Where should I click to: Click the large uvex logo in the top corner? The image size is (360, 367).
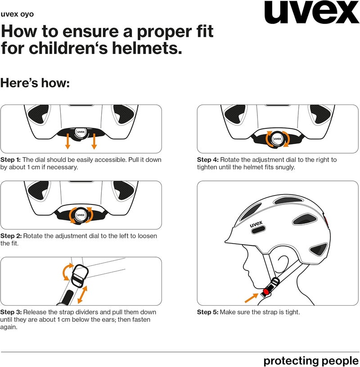click(x=312, y=12)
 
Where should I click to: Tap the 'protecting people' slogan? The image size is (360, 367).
click(x=311, y=361)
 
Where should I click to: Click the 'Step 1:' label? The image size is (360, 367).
click(x=10, y=159)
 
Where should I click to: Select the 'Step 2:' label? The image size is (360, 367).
click(x=11, y=236)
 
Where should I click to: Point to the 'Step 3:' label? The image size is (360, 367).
click(x=11, y=312)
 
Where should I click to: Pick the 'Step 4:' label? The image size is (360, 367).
click(x=208, y=159)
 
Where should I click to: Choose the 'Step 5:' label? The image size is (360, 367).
click(x=208, y=312)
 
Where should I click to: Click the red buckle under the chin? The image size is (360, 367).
click(x=266, y=291)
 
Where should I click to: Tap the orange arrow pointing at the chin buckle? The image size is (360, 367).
click(x=251, y=298)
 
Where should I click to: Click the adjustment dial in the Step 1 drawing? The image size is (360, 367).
click(x=81, y=132)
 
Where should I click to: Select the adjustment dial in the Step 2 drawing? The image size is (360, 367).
click(x=81, y=215)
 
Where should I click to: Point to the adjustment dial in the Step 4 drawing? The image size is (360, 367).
click(x=278, y=139)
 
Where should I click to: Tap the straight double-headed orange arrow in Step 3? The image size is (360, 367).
click(x=82, y=295)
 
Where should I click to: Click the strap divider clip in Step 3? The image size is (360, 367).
click(x=80, y=276)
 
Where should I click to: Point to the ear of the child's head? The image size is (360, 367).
click(x=283, y=263)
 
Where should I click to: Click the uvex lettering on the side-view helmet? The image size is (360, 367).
click(x=256, y=224)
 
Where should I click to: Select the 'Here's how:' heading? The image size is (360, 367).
click(x=35, y=83)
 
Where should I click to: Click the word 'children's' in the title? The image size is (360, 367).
click(x=68, y=48)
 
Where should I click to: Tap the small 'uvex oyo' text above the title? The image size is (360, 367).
click(x=17, y=14)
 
